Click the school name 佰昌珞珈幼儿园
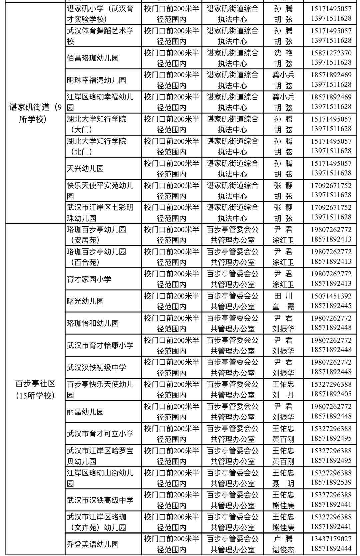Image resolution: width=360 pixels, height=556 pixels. (93, 58)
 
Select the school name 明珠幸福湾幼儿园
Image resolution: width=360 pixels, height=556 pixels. (96, 80)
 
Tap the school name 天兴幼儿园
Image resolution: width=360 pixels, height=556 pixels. (85, 169)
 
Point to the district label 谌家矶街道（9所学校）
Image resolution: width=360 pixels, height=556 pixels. (35, 113)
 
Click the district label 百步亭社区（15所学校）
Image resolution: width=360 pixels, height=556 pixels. (35, 389)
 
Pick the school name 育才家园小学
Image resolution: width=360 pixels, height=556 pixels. (89, 279)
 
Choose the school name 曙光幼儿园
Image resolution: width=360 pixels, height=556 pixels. (85, 301)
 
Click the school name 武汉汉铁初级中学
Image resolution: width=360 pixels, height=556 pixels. (96, 367)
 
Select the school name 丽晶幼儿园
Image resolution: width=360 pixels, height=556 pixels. (85, 412)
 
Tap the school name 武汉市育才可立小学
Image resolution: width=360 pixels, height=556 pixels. (100, 434)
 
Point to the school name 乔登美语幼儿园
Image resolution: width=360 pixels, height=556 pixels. (93, 544)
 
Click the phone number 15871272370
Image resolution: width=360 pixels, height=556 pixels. (331, 53)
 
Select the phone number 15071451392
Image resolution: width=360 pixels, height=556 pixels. (331, 296)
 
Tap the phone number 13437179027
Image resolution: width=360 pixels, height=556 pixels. (331, 539)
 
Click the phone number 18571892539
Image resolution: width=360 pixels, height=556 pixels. (331, 482)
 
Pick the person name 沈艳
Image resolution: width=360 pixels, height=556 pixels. (283, 53)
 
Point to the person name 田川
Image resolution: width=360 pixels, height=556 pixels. (283, 296)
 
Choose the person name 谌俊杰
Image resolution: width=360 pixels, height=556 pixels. (283, 550)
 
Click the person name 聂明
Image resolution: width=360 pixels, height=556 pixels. (283, 483)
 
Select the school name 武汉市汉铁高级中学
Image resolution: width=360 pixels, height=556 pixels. (100, 500)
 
